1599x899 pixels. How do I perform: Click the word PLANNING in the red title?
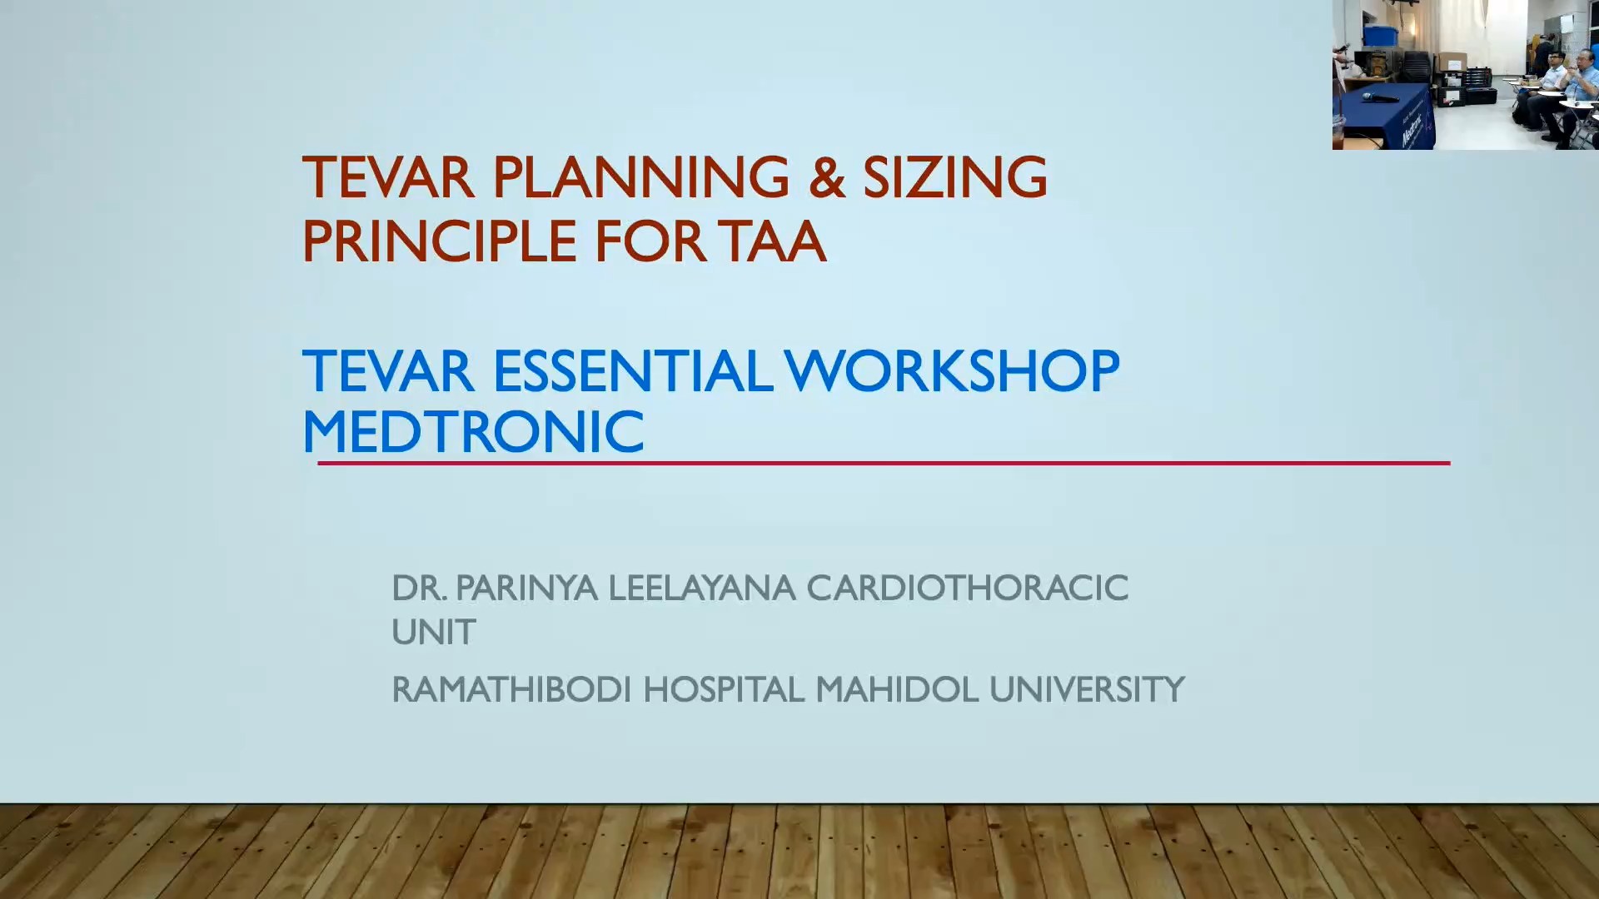coord(640,177)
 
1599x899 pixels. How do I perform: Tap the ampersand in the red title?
coord(826,177)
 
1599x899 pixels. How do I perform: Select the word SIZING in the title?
coord(954,177)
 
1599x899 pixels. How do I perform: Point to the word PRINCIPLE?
coord(439,241)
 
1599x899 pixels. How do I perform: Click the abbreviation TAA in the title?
coord(774,241)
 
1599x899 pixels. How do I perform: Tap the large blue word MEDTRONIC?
coord(473,432)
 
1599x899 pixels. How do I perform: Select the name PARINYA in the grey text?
coord(526,589)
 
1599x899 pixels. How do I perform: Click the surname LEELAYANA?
coord(702,589)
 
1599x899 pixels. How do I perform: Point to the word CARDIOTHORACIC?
coord(967,589)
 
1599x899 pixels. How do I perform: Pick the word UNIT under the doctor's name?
coord(433,633)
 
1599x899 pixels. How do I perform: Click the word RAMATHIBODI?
coord(511,690)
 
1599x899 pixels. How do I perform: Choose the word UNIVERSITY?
coord(1087,690)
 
